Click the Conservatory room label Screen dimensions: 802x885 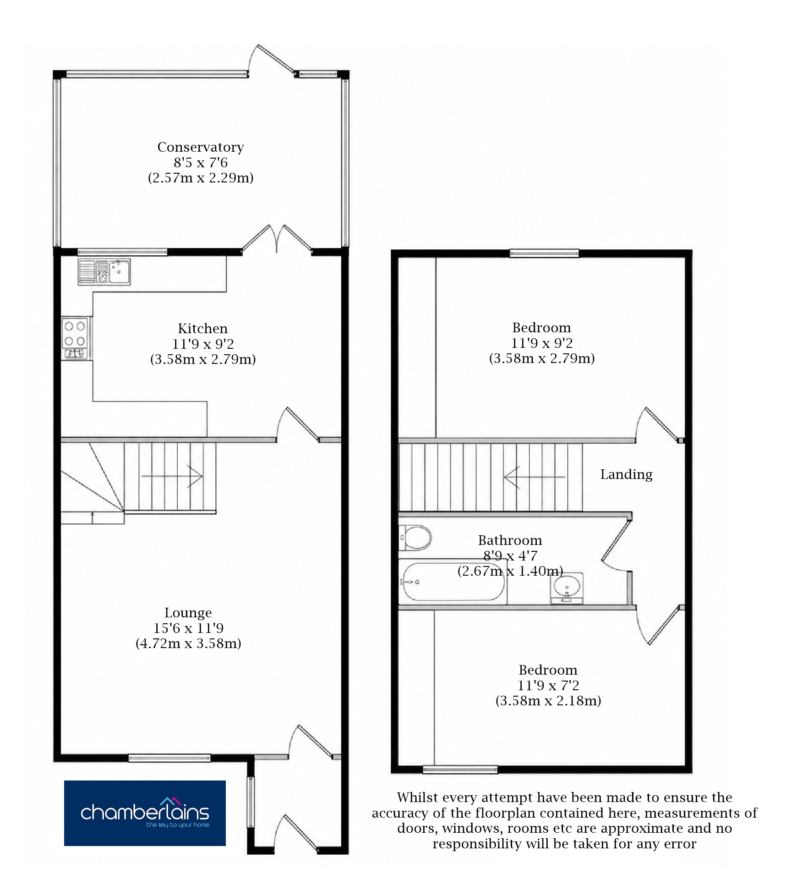tap(201, 147)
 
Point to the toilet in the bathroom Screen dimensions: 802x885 tap(415, 538)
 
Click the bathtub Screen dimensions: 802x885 tap(453, 582)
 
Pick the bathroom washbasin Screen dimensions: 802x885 tap(567, 588)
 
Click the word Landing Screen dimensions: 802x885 tap(626, 474)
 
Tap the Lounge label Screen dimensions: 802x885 tap(188, 613)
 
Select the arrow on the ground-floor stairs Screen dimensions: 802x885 tap(172, 476)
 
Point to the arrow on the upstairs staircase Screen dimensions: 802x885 tap(535, 477)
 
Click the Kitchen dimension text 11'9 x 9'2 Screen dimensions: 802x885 tap(203, 344)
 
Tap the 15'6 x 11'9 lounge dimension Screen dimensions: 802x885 tap(188, 628)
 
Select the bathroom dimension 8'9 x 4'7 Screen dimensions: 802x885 tap(510, 556)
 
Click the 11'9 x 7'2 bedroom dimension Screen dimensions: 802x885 tap(548, 685)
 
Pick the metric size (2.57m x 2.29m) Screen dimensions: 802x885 tap(201, 178)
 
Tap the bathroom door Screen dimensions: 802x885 tap(617, 543)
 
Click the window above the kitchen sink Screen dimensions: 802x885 tap(122, 251)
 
